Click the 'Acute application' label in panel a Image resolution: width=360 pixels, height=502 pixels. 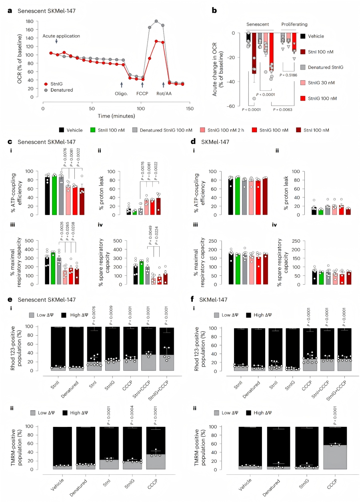tap(61, 36)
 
